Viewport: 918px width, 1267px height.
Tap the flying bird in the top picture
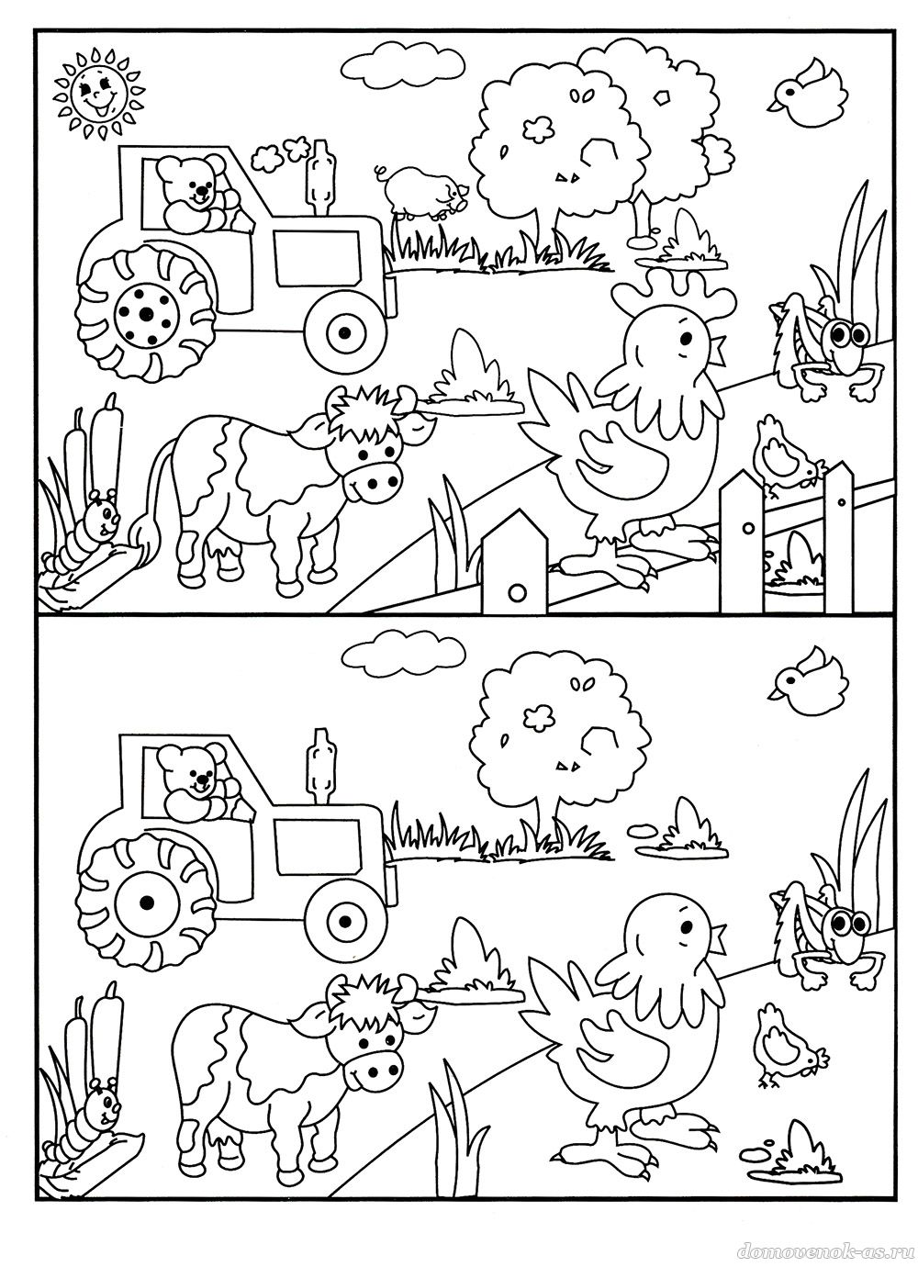pyautogui.click(x=808, y=95)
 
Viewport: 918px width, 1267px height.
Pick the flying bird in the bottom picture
pyautogui.click(x=808, y=684)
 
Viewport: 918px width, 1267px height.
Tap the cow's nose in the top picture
pyautogui.click(x=375, y=482)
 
